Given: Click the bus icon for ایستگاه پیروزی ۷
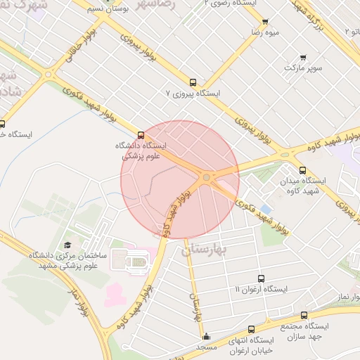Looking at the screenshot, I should tap(193, 82).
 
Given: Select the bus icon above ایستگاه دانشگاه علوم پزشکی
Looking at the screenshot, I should tap(141, 134).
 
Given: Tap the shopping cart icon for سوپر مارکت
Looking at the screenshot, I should tap(303, 58).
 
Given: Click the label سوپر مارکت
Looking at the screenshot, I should tap(303, 68).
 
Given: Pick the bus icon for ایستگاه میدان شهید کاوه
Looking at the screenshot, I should tap(303, 170).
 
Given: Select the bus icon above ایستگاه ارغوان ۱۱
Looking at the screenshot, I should tap(262, 278).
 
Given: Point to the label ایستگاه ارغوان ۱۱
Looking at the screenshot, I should tap(261, 290).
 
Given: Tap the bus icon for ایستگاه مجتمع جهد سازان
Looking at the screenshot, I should tap(304, 316).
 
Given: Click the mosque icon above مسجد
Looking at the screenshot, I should tap(206, 336).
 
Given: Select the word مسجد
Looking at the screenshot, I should tap(207, 347).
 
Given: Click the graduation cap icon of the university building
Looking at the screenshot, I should tap(67, 245).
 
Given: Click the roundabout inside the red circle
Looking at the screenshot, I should tap(206, 178).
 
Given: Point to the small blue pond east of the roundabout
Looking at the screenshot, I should tap(266, 210).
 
